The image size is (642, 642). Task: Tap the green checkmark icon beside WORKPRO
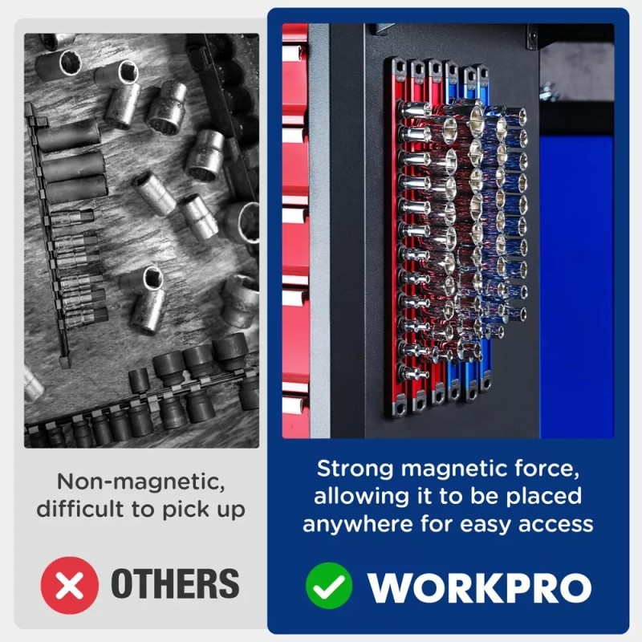coord(329,586)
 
